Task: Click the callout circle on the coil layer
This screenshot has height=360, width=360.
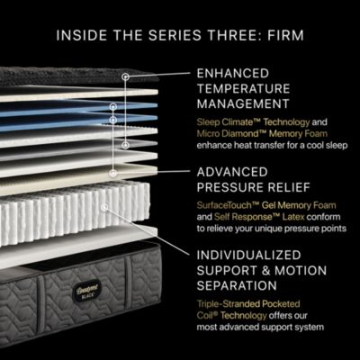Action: coord(105,206)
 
